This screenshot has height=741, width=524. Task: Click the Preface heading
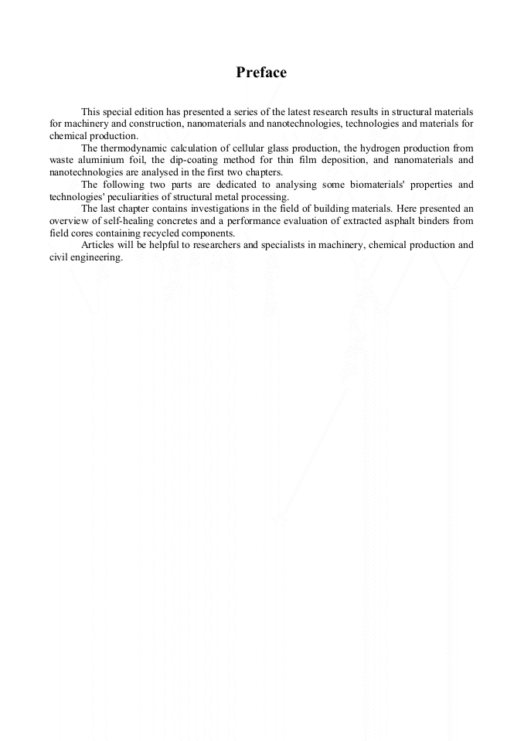[261, 73]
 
